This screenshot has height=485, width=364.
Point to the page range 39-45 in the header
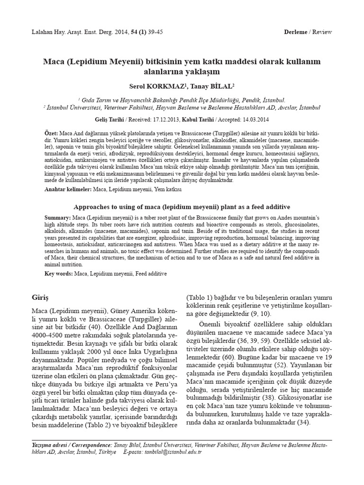tap(148, 31)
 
